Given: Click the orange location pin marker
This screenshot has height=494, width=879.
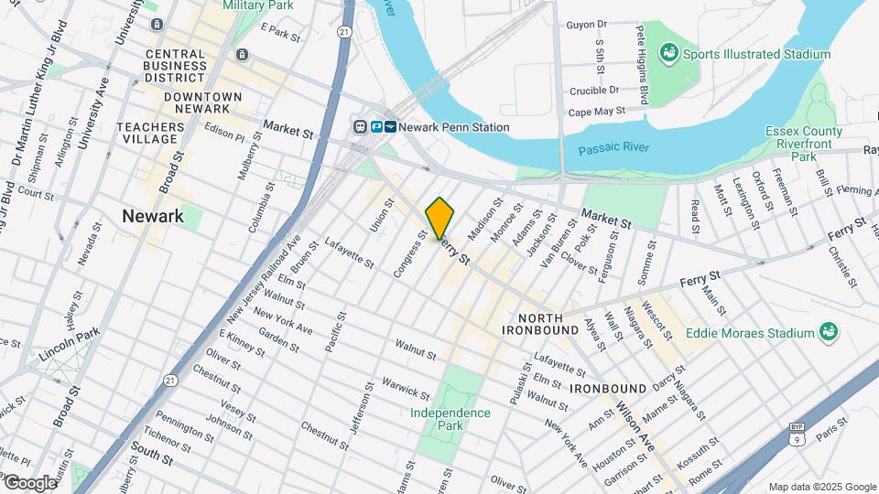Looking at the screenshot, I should click(439, 218).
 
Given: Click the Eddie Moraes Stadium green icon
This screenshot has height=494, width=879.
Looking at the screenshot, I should click(828, 332).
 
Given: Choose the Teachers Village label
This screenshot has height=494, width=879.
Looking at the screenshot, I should click(147, 132).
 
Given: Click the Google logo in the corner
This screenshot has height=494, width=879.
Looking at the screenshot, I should click(30, 482).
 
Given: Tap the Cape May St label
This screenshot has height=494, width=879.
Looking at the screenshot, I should click(596, 111).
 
